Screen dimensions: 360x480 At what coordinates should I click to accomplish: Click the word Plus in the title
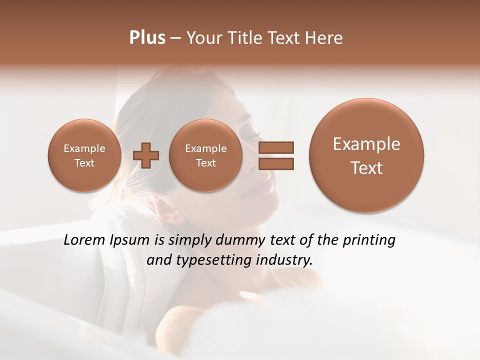tap(147, 38)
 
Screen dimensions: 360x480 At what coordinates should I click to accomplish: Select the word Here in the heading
tap(325, 38)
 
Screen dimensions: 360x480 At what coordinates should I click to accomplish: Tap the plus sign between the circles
tap(146, 155)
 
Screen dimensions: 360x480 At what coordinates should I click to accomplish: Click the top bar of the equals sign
tap(275, 147)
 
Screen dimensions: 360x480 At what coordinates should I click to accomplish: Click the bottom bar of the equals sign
tap(275, 163)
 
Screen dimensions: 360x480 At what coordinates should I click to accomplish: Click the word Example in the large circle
tap(366, 144)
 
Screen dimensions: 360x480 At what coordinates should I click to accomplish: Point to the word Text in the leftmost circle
tap(84, 163)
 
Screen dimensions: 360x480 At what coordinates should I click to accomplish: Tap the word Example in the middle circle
tap(205, 148)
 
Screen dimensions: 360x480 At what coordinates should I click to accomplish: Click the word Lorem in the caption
tap(84, 240)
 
